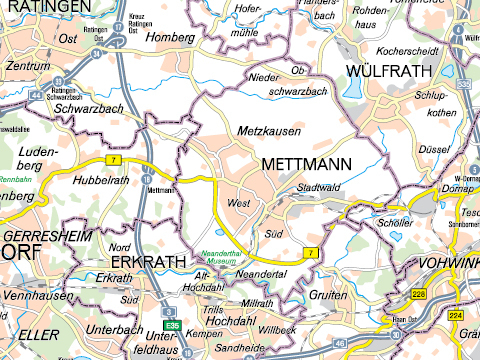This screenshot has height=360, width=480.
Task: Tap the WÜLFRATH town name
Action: [x=388, y=71]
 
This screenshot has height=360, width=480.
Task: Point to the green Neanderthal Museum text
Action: [x=231, y=257]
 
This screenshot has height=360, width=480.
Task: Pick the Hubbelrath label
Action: [x=100, y=180]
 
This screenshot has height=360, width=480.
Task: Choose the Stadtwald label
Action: [x=319, y=187]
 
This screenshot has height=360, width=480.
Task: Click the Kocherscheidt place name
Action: [x=409, y=48]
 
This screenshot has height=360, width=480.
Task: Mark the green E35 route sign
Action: [x=172, y=326]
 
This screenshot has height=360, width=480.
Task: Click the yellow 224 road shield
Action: [x=456, y=315]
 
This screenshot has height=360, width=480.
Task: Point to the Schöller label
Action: [x=395, y=223]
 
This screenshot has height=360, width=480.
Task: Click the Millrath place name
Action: [x=257, y=302]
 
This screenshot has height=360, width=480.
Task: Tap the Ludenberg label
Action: [x=39, y=157]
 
